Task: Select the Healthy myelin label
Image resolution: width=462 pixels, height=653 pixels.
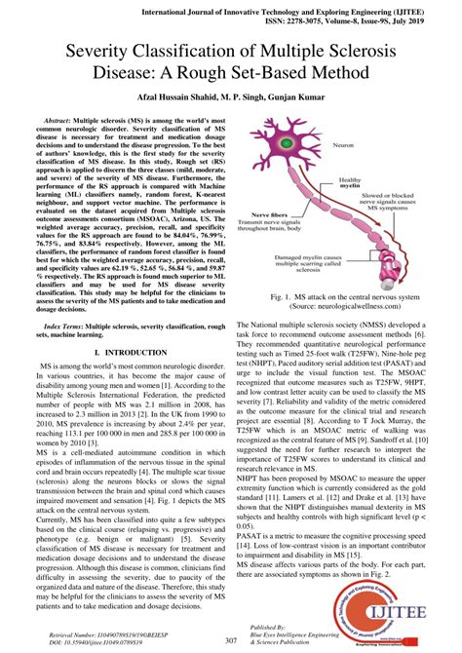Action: coord(348,184)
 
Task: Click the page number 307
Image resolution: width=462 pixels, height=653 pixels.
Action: coord(231,640)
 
